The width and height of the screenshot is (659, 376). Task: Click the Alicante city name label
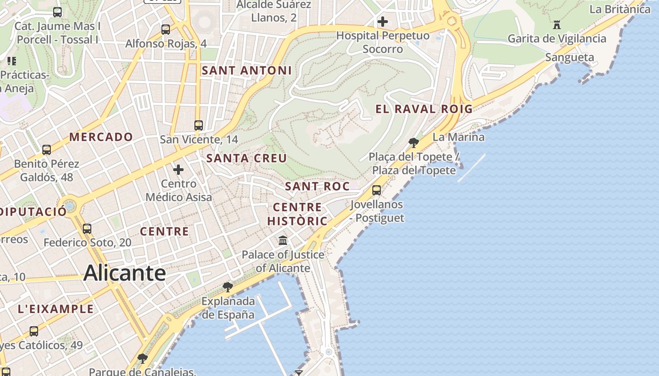[125, 273]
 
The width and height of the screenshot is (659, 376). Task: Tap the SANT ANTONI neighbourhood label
[247, 70]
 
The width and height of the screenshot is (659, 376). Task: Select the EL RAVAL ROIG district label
[424, 109]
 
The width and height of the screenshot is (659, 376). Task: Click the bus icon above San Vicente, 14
[199, 125]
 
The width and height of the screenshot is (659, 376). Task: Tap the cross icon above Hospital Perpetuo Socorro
[383, 22]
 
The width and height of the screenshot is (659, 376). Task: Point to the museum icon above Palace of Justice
[283, 241]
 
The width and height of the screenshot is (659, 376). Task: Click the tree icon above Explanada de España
[228, 287]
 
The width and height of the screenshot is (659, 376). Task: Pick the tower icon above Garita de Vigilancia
[557, 24]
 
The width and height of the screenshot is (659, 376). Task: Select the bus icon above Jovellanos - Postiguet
[377, 190]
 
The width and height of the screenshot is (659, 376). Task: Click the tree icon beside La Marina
[414, 142]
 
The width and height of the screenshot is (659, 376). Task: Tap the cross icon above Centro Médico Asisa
[178, 170]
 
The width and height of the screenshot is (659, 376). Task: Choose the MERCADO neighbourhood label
[101, 137]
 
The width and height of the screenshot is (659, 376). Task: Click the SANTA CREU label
[247, 158]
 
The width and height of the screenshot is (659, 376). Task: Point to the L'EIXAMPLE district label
[56, 309]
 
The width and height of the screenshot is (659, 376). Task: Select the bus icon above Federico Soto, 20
[87, 229]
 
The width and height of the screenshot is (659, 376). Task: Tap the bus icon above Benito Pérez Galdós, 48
[47, 150]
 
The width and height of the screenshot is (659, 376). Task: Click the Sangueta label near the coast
[569, 57]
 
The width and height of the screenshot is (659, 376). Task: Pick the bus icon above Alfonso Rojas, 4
[166, 30]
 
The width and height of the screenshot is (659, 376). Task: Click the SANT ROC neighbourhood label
[317, 186]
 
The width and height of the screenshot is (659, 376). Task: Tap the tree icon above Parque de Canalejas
[142, 359]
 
